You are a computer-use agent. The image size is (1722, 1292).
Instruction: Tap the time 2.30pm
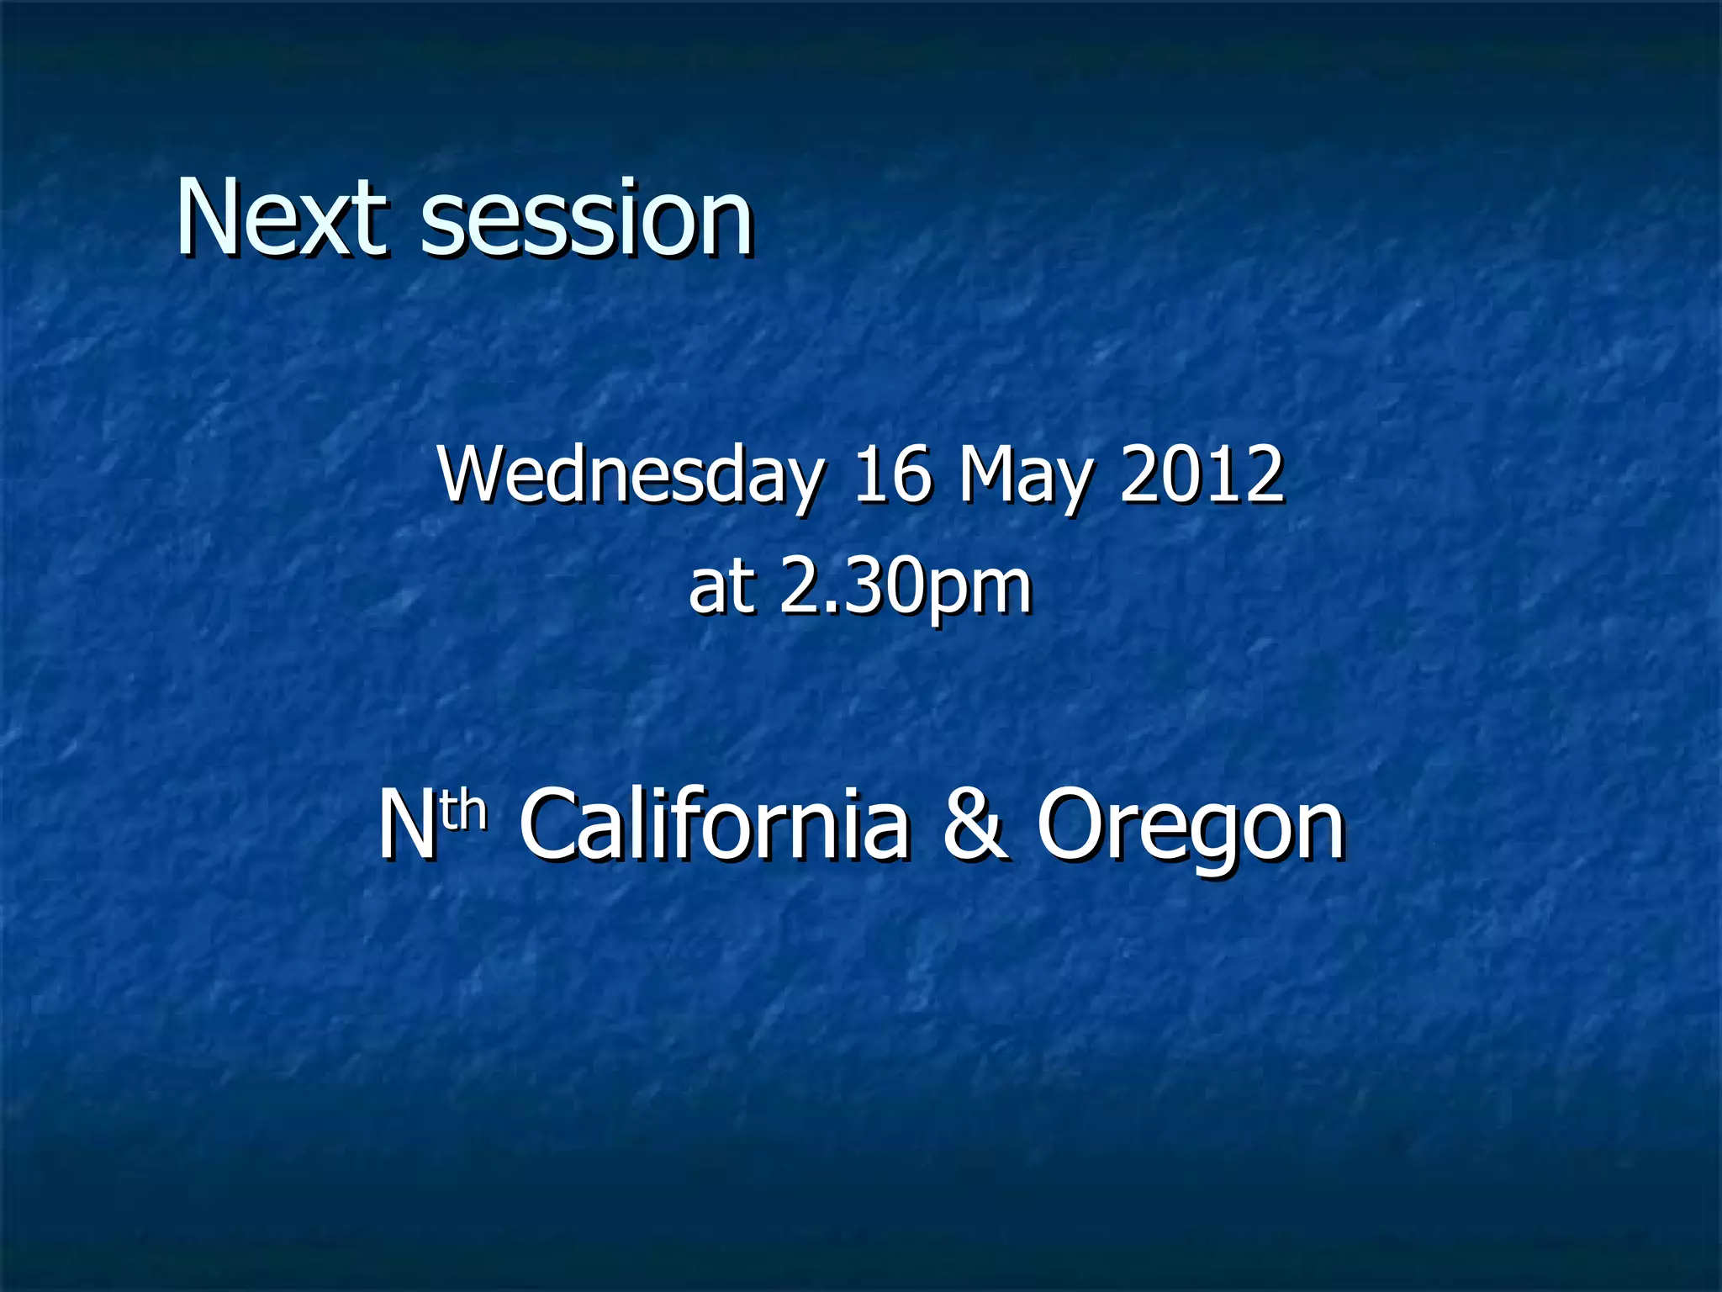pos(905,589)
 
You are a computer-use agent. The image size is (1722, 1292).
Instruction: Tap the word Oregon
pos(1191,829)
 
